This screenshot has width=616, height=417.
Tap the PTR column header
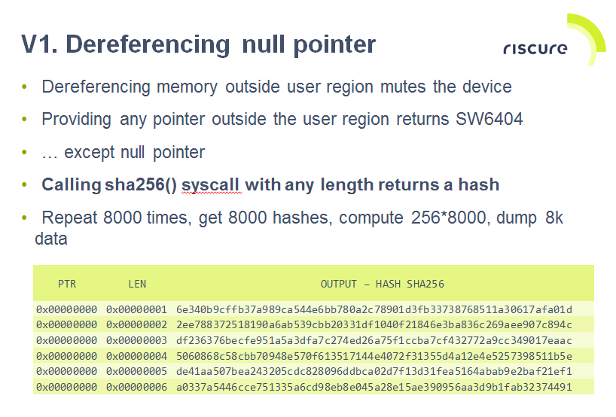67,284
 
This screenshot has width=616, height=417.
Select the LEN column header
137,284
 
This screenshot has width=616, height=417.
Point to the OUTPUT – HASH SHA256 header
382,284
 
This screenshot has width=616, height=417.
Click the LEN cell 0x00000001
136,309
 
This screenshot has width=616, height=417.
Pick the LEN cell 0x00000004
136,355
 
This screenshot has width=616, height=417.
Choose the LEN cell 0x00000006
136,387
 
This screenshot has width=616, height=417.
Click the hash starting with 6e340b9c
374,309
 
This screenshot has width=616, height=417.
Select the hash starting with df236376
374,340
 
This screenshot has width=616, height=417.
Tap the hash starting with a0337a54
374,387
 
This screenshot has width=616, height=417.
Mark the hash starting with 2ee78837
374,324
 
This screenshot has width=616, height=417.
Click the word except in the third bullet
90,152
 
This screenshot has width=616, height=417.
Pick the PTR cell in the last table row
66,387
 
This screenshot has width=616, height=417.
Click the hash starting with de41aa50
374,371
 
